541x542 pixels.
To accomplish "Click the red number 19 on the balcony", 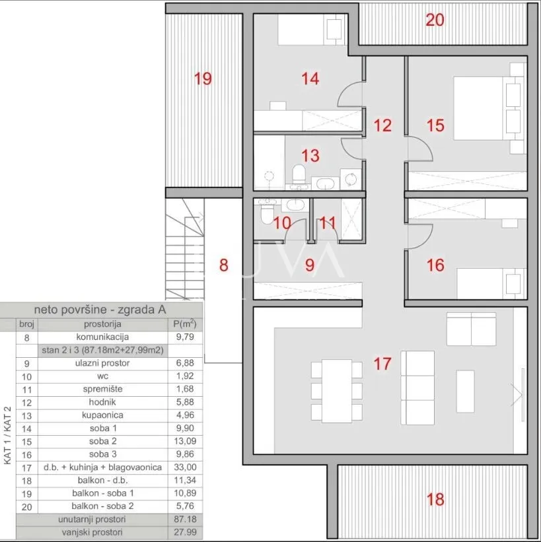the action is click(203, 79).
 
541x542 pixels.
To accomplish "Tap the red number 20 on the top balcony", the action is click(435, 20).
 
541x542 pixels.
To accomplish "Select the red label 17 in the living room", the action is click(382, 364).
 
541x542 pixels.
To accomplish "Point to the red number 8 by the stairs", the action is click(224, 265).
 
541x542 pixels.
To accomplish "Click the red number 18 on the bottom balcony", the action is click(435, 500).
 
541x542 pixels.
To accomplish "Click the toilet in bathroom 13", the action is click(299, 174).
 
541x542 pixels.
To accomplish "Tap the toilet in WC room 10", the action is click(267, 215).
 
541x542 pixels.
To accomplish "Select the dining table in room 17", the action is click(337, 391).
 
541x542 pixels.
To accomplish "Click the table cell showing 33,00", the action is click(185, 467).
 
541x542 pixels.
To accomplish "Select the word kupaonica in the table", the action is click(102, 415).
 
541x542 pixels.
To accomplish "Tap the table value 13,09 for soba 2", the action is click(185, 442).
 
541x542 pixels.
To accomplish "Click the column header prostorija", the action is click(102, 324).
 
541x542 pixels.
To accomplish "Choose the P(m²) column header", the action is click(185, 324).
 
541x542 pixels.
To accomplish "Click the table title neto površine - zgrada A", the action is click(100, 310).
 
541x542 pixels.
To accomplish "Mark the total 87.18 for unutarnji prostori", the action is click(185, 519).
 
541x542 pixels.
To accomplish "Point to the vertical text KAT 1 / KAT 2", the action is click(8, 435).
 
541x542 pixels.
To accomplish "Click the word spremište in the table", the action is click(102, 390).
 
